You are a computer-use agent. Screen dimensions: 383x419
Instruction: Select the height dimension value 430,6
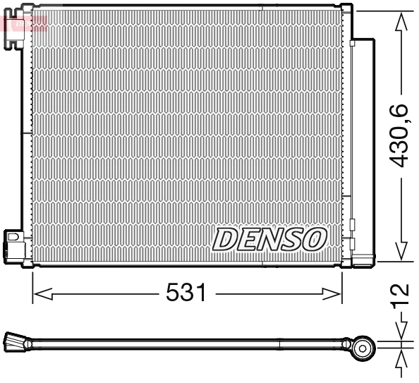[x=400, y=134]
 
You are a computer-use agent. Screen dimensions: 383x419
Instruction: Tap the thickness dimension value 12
[x=400, y=291]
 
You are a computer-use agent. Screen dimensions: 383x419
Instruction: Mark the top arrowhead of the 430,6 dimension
[x=401, y=20]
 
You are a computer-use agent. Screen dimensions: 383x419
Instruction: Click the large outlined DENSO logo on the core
[x=269, y=239]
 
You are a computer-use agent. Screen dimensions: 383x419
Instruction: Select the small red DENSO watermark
[x=25, y=23]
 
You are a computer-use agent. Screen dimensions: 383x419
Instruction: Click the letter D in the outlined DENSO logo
[x=224, y=239]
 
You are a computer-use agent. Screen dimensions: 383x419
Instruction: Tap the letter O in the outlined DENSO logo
[x=315, y=239]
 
